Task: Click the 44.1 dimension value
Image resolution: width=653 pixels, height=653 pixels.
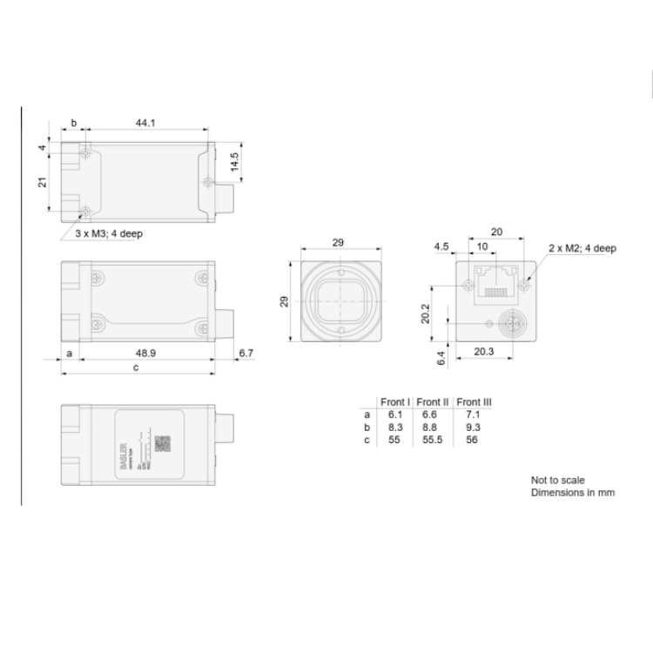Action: [145, 124]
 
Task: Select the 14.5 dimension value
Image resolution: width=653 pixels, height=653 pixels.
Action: [234, 162]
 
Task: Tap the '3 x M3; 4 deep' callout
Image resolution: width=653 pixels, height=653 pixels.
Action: [110, 234]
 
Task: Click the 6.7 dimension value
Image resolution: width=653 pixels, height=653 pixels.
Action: [245, 353]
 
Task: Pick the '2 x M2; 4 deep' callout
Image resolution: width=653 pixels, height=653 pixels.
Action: [582, 248]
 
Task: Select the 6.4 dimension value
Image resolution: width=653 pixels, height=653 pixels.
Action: [441, 355]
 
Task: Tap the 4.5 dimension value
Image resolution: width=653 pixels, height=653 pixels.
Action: [442, 248]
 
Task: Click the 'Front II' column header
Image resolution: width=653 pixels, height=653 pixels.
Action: [432, 402]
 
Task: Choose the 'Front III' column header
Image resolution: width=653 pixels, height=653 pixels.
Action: [474, 402]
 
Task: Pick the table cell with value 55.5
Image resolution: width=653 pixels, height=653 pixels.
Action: [432, 440]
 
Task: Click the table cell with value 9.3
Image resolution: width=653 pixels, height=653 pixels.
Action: [474, 427]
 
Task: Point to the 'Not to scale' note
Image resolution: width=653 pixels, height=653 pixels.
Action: [557, 480]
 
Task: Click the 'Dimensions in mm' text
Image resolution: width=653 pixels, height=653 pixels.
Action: [573, 493]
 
